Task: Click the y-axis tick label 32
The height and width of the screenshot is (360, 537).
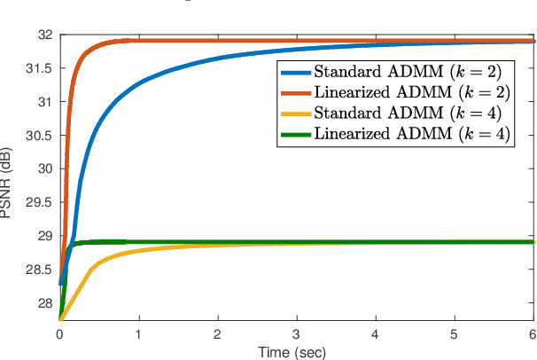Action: pyautogui.click(x=44, y=35)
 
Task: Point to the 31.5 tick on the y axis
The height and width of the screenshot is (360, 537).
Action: pyautogui.click(x=40, y=68)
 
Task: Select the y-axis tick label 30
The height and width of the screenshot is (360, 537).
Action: pyautogui.click(x=44, y=168)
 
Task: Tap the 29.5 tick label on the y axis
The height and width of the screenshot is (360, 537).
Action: pyautogui.click(x=40, y=202)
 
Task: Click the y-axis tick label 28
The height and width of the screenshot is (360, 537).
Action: pyautogui.click(x=44, y=302)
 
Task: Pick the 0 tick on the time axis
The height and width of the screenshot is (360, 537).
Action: pyautogui.click(x=59, y=334)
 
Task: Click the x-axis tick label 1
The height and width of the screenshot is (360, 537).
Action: pyautogui.click(x=138, y=334)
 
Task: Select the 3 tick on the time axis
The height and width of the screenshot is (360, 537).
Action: pyautogui.click(x=297, y=334)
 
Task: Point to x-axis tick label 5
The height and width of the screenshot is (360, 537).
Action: pyautogui.click(x=455, y=334)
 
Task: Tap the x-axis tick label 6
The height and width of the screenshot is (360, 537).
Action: pyautogui.click(x=533, y=334)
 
